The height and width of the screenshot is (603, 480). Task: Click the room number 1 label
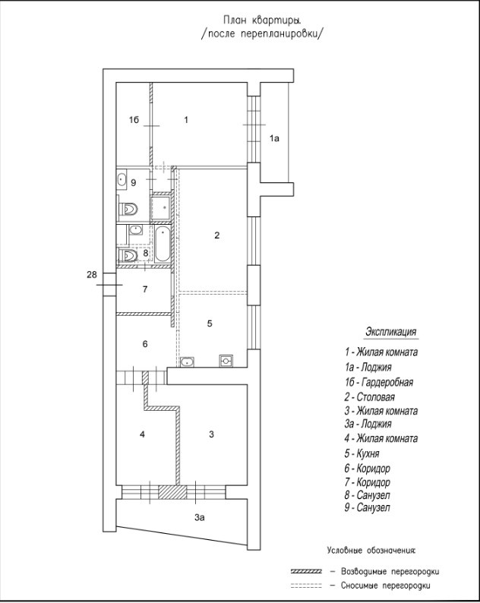(x=186, y=119)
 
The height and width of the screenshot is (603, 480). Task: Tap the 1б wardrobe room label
(x=133, y=120)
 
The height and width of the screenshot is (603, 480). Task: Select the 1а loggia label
(x=275, y=138)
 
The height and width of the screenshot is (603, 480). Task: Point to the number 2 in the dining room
(x=216, y=235)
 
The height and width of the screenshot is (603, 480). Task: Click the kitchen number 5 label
(x=210, y=323)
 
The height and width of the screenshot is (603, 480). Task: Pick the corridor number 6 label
(x=144, y=344)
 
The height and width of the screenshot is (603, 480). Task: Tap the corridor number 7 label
(x=144, y=289)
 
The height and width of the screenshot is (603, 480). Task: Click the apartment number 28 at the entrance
(x=92, y=274)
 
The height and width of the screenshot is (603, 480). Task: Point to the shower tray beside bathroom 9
(x=161, y=207)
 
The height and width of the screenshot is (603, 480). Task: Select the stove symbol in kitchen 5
(x=226, y=361)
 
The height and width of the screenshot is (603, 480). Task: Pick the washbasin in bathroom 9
(x=122, y=181)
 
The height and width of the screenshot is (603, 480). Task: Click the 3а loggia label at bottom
(x=199, y=517)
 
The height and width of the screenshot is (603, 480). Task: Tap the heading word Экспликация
(x=391, y=333)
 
